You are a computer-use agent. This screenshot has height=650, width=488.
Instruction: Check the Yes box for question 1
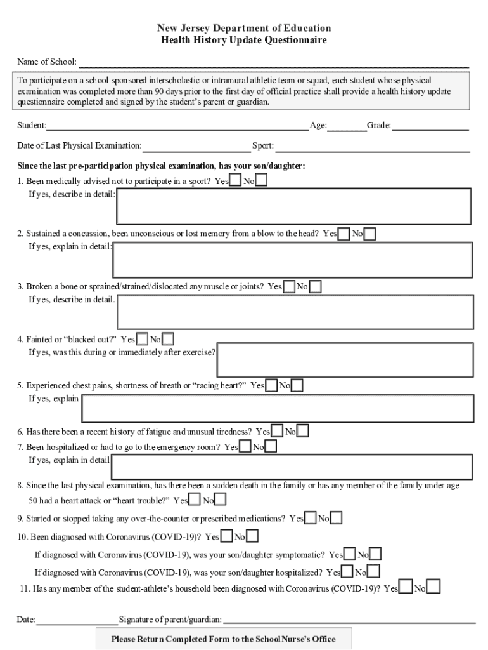pyautogui.click(x=235, y=181)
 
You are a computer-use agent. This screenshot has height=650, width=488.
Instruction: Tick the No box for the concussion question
pyautogui.click(x=369, y=234)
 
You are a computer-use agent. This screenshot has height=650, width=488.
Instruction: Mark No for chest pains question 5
pyautogui.click(x=297, y=385)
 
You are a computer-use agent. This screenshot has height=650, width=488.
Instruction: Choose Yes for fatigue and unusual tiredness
pyautogui.click(x=277, y=432)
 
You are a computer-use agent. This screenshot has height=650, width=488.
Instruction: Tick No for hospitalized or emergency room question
pyautogui.click(x=271, y=447)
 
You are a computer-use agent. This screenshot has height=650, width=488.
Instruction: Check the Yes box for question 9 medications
pyautogui.click(x=311, y=518)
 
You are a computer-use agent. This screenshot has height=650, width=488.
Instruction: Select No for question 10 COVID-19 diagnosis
pyautogui.click(x=252, y=536)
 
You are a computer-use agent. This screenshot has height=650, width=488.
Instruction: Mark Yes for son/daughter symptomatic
pyautogui.click(x=350, y=554)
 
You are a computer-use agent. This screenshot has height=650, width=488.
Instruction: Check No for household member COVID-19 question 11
pyautogui.click(x=434, y=588)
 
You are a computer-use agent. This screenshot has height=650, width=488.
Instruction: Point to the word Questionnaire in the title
pyautogui.click(x=297, y=40)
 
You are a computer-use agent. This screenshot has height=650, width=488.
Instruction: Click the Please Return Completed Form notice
pyautogui.click(x=223, y=639)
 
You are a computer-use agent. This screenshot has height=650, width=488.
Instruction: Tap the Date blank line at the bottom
pyautogui.click(x=77, y=620)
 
